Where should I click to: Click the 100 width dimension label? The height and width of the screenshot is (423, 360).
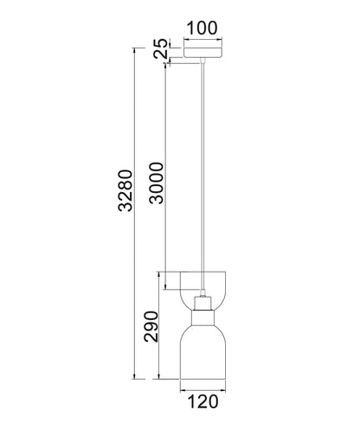pyautogui.click(x=202, y=28)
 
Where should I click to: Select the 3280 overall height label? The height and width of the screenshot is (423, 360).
pyautogui.click(x=125, y=190)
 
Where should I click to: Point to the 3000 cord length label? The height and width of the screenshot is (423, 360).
pyautogui.click(x=157, y=183)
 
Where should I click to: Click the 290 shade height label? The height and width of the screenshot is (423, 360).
pyautogui.click(x=151, y=326)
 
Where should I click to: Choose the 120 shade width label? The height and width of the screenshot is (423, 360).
pyautogui.click(x=202, y=401)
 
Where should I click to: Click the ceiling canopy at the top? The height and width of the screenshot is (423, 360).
pyautogui.click(x=203, y=52)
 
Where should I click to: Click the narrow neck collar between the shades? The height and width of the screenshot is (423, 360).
pyautogui.click(x=202, y=317)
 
